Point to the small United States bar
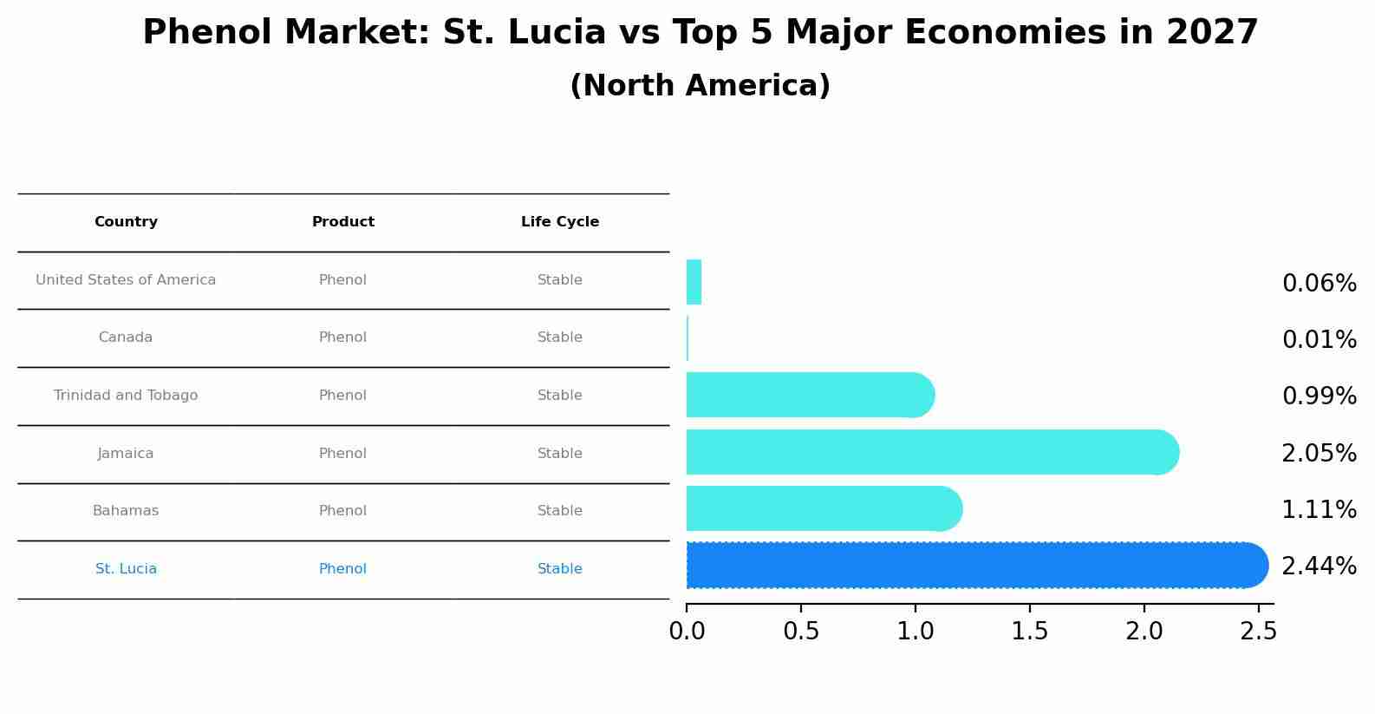tap(694, 282)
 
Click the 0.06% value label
tap(1319, 284)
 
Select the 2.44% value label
tap(1319, 567)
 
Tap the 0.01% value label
tap(1319, 340)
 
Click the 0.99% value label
tap(1319, 396)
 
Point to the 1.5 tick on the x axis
tap(1030, 632)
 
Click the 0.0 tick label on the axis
tap(687, 632)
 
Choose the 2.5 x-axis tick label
tap(1258, 632)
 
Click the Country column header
tap(126, 222)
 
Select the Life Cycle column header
tap(560, 222)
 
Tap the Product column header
tap(343, 222)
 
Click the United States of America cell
tap(126, 280)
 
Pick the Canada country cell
tap(126, 337)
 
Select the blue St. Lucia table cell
tap(126, 569)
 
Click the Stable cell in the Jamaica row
tap(560, 454)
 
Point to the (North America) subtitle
tap(700, 86)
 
